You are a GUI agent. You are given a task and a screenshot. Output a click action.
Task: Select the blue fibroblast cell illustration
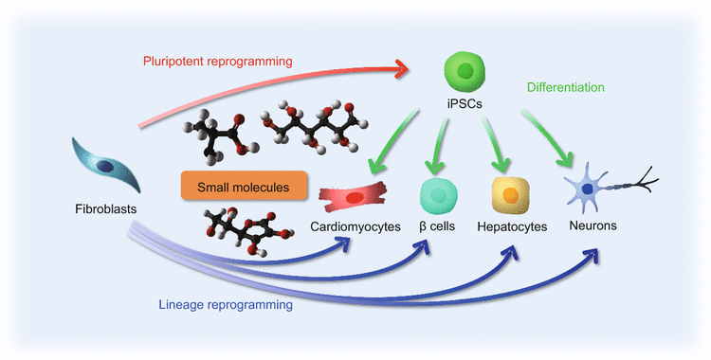coord(107,166)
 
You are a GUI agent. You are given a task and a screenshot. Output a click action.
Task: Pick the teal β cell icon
coord(437,196)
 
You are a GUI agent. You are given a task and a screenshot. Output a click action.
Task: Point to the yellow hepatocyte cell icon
coord(509,195)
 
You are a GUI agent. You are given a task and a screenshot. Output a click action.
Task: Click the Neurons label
coord(592,226)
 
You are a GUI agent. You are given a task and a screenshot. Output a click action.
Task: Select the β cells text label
coord(439,227)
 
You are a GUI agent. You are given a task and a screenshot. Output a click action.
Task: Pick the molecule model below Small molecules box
coord(236,232)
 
